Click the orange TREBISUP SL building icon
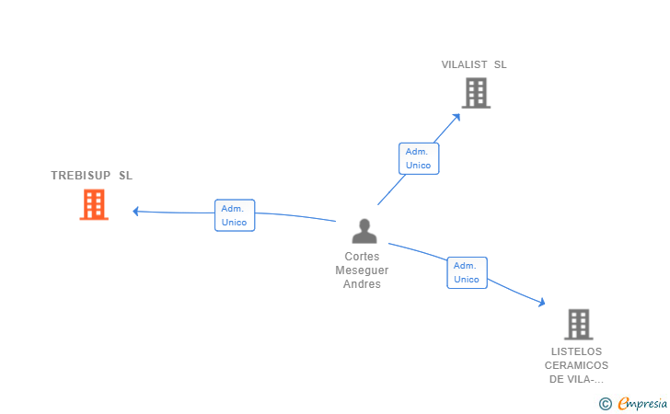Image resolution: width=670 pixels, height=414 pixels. (x=94, y=205)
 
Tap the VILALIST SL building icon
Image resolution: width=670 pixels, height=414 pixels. (x=475, y=93)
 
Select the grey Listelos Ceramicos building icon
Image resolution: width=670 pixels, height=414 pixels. (x=578, y=324)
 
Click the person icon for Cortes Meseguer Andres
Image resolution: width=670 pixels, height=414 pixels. (x=364, y=232)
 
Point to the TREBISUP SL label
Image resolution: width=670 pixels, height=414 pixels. (x=91, y=175)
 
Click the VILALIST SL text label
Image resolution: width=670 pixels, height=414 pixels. (x=474, y=64)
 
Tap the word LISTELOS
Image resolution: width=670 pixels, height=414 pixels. (x=576, y=351)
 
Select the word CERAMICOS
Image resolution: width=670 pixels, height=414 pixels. (x=577, y=365)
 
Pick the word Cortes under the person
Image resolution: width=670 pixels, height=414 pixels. (x=362, y=257)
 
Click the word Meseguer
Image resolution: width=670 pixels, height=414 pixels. (x=362, y=270)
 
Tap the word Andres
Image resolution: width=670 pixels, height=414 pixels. (x=362, y=284)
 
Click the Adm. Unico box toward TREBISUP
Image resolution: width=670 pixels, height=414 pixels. (x=234, y=215)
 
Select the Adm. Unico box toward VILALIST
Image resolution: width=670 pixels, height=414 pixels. (x=418, y=158)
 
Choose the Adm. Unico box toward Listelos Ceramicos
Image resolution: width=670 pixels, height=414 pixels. (x=467, y=272)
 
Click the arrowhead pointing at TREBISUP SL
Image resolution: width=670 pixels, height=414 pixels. (x=136, y=212)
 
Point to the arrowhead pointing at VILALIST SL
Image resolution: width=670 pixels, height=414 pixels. (x=456, y=116)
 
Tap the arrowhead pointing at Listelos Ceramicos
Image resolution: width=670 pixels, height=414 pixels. (x=541, y=302)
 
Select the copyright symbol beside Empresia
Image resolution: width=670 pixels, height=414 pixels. (x=605, y=403)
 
